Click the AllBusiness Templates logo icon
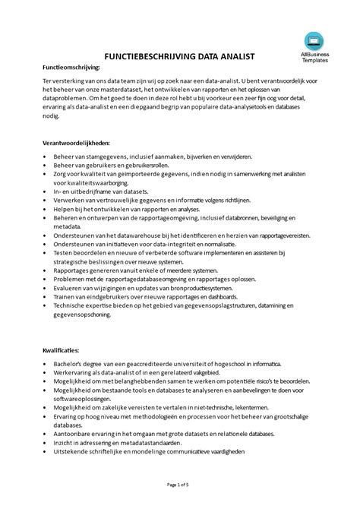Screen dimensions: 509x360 (x=311, y=40)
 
